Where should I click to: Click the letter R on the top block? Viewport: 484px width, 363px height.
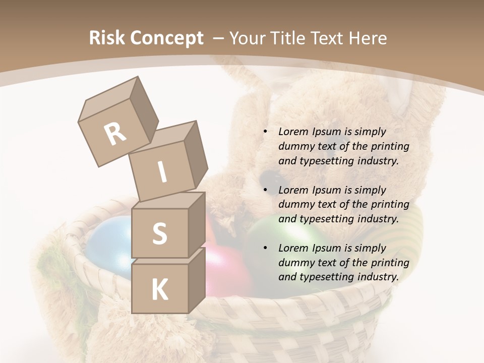tap(115, 134)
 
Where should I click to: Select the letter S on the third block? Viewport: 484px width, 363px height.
tap(159, 233)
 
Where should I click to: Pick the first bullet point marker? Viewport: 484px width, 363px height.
tap(266, 132)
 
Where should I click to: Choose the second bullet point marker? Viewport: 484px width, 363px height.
tap(266, 191)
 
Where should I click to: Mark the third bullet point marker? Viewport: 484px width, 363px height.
tap(266, 249)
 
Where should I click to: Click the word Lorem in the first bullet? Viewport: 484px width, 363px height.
tap(293, 132)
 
